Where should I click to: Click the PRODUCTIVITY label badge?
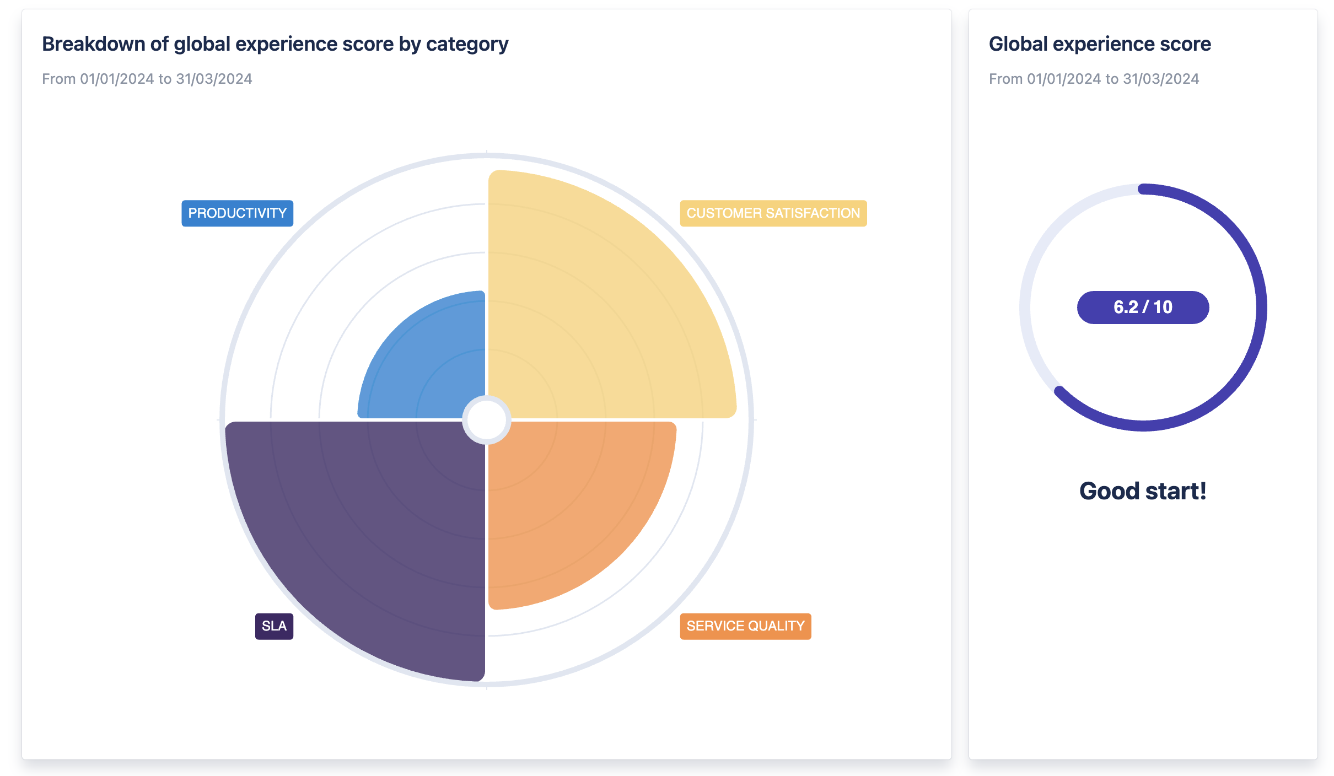coord(237,213)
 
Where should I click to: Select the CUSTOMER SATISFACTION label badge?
coord(773,213)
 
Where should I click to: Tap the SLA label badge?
coord(274,626)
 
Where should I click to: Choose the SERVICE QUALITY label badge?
coord(745,626)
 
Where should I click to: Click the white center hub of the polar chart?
coord(487,420)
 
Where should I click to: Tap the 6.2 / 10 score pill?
coord(1143,308)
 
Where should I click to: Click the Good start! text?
coord(1143,491)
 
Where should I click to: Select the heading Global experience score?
coord(1100,44)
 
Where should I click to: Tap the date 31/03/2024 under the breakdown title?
coord(214,79)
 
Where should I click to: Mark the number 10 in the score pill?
coord(1163,308)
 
